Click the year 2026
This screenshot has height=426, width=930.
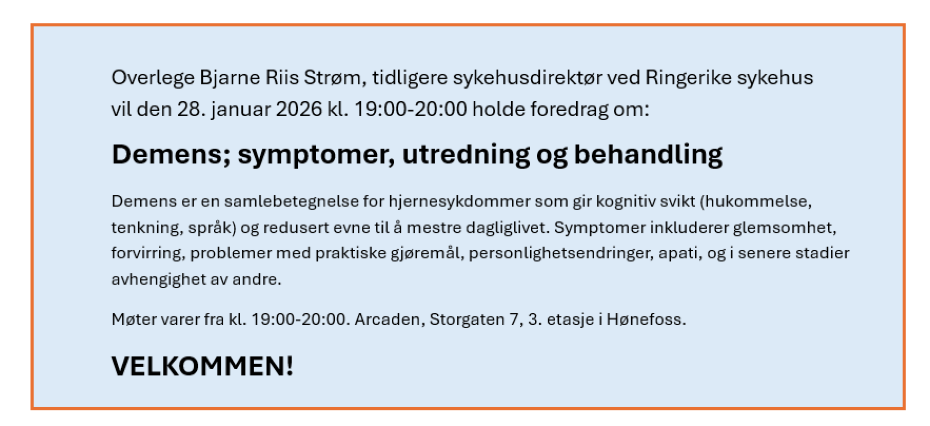(x=299, y=109)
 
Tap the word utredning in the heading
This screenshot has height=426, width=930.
(x=466, y=155)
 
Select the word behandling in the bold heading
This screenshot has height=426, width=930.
(x=648, y=155)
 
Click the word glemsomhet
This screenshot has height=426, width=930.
(x=784, y=228)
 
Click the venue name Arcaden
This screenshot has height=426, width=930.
(x=390, y=319)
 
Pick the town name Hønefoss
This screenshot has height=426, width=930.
(x=646, y=319)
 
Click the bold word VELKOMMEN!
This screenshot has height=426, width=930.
(x=202, y=367)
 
